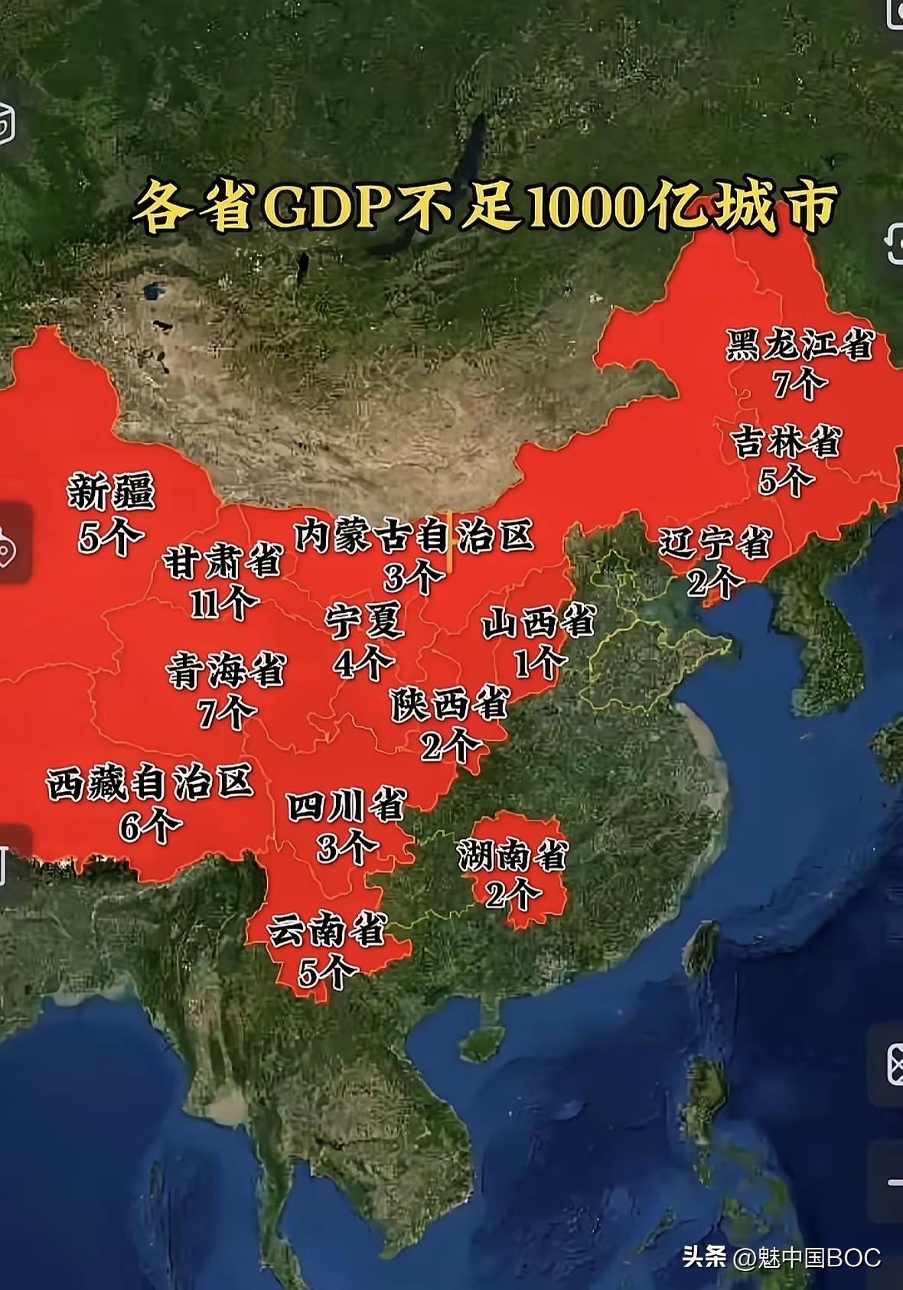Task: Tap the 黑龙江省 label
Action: [799, 345]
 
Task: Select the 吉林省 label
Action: [787, 443]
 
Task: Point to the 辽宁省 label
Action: [715, 544]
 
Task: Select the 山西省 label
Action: [537, 623]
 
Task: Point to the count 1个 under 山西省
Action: [537, 662]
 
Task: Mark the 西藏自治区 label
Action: [149, 784]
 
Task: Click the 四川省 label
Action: [346, 807]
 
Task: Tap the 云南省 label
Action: [327, 933]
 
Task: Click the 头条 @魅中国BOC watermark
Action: [781, 1257]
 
